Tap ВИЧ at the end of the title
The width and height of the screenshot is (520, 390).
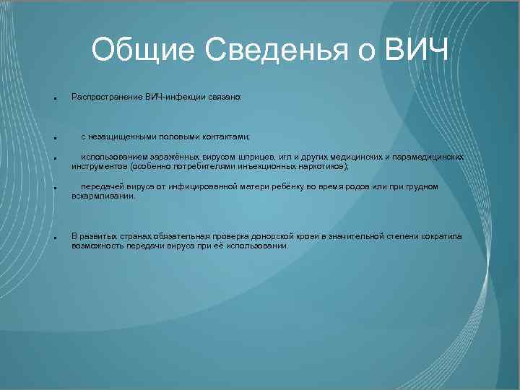click(417, 51)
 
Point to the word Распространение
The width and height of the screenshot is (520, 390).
click(108, 96)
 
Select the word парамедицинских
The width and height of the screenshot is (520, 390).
click(427, 156)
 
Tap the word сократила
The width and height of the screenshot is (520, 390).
click(440, 236)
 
